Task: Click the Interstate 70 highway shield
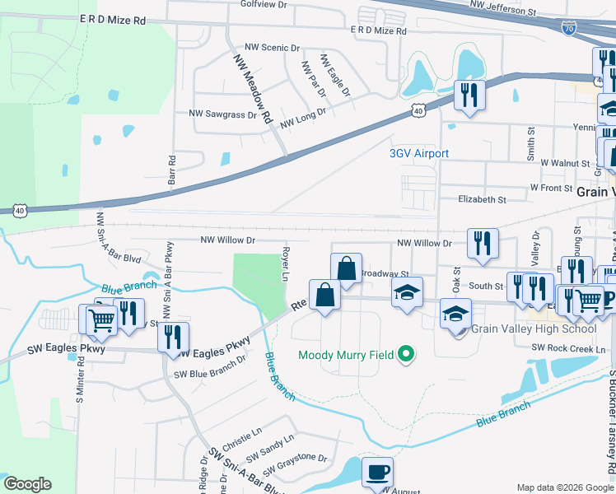point(569,28)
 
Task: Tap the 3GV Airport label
point(419,154)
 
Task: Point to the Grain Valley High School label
point(533,329)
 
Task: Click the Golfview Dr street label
point(264,4)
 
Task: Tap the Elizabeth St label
point(482,200)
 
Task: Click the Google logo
point(27,484)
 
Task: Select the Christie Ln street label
point(241,431)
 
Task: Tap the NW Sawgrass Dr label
point(222,114)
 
